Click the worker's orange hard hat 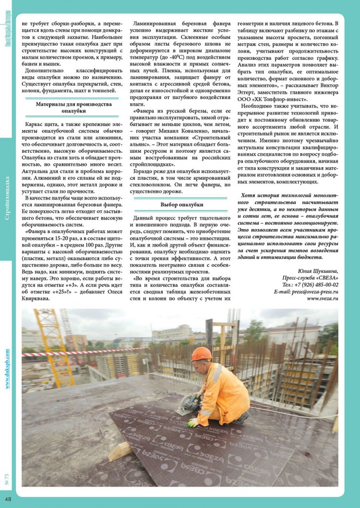pos(201,354)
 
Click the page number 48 pos(8,498)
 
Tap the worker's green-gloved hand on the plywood pos(192,423)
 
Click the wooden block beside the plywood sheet pos(121,450)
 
